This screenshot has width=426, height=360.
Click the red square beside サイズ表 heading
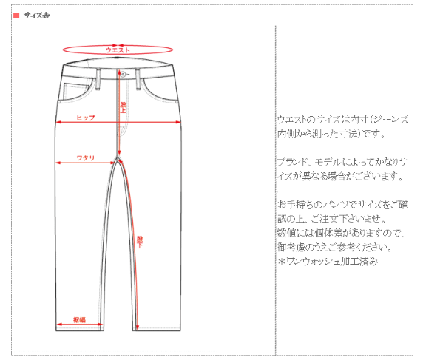[x=16, y=16]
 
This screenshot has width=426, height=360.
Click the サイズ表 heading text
[x=36, y=16]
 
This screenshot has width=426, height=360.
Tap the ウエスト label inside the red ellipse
[x=118, y=50]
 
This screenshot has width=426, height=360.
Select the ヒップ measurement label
[x=86, y=118]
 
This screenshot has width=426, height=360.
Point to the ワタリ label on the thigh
[x=85, y=157]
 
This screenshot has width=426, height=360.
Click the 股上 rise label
[x=123, y=107]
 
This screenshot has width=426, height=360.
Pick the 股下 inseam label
[x=140, y=242]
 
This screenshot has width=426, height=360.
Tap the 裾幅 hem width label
[x=79, y=320]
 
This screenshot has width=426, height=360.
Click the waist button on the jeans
[x=123, y=74]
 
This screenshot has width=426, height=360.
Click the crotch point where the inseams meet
[x=118, y=157]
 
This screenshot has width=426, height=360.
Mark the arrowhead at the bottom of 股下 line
[x=138, y=327]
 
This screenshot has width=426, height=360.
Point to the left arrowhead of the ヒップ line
[x=58, y=122]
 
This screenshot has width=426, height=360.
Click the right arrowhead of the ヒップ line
[x=178, y=122]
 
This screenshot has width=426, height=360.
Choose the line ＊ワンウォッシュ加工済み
[x=328, y=262]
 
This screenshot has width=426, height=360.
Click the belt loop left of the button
[x=98, y=79]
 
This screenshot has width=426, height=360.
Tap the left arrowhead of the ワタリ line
[x=58, y=163]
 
